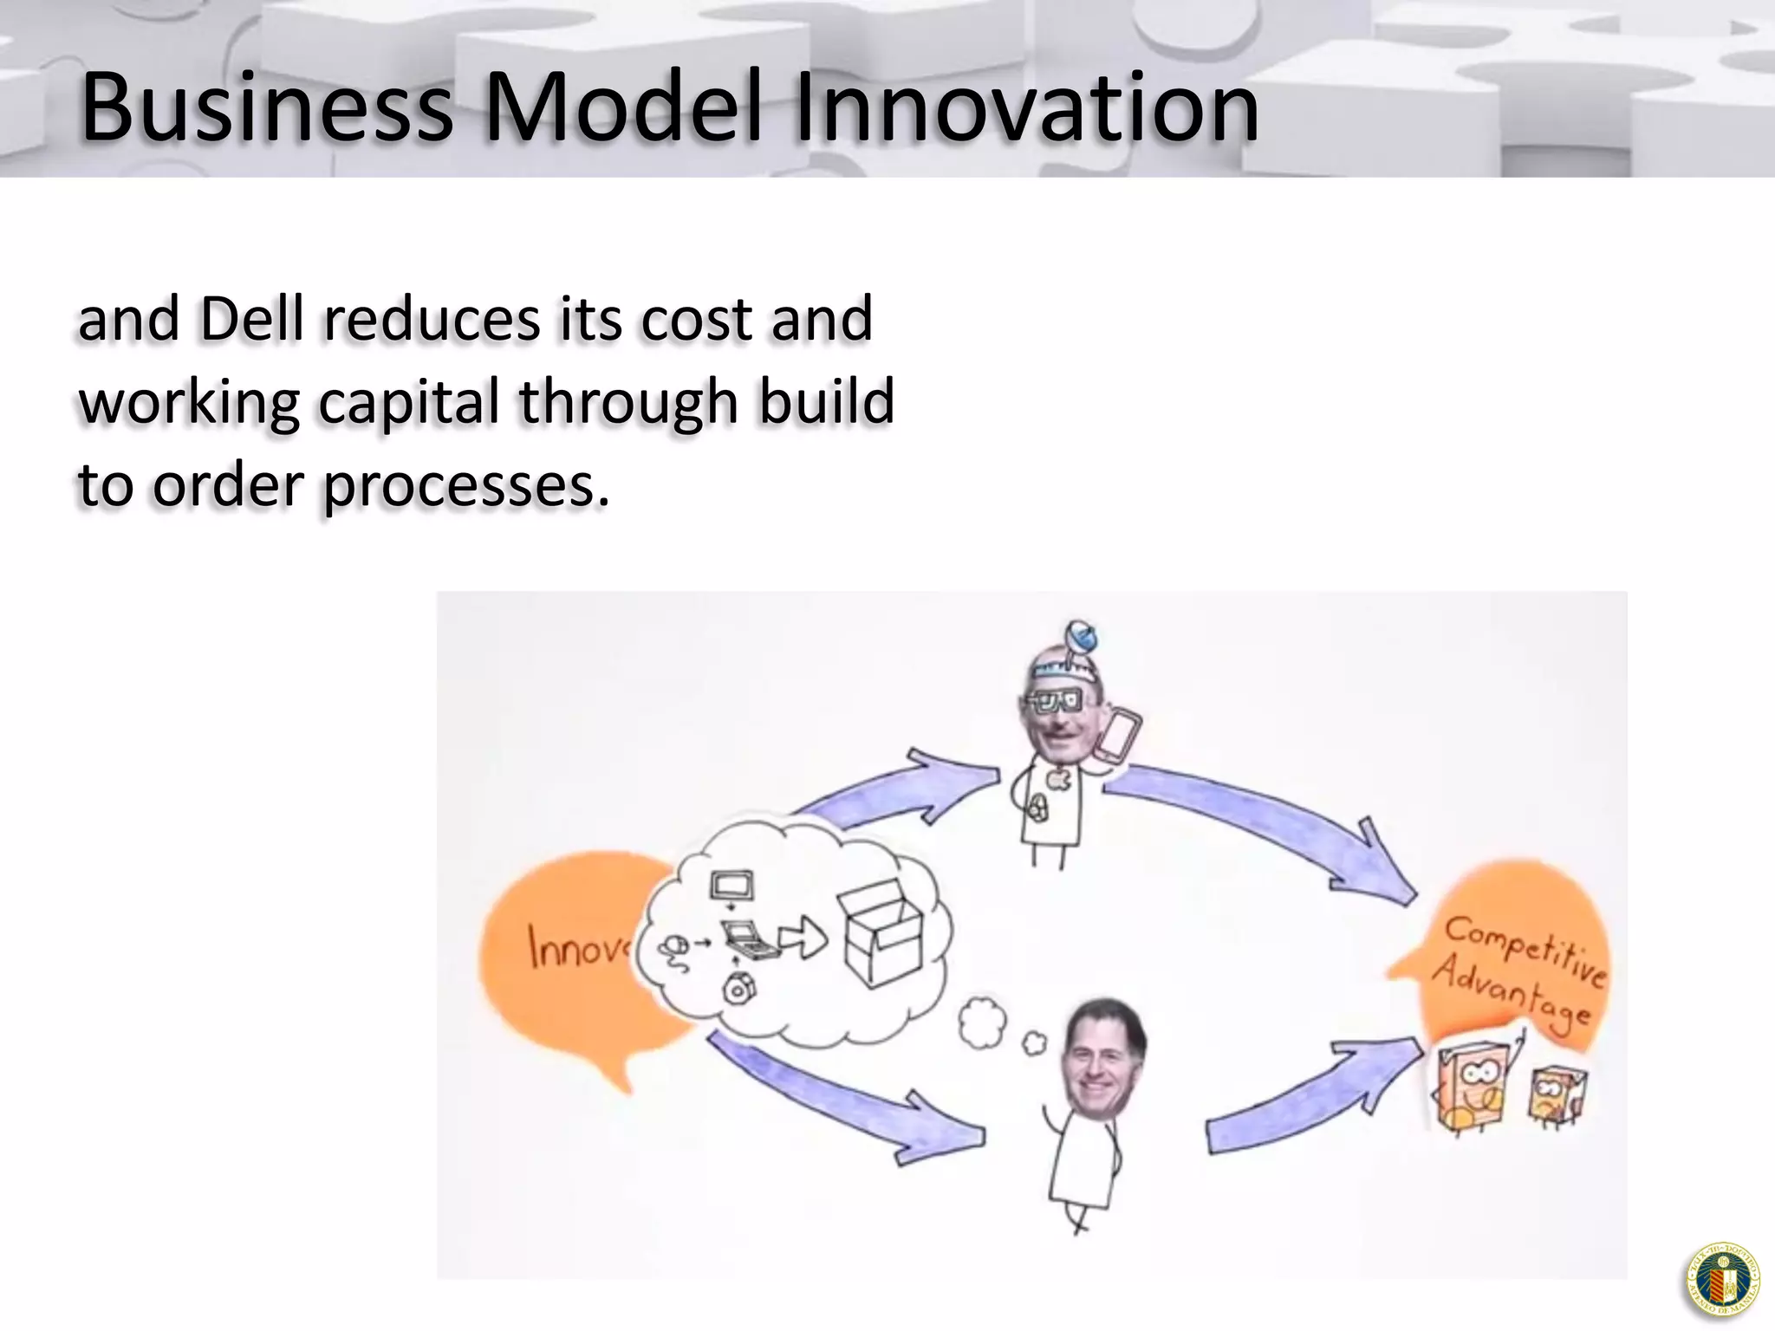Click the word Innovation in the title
[1027, 108]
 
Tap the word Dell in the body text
[252, 319]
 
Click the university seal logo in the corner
[1723, 1280]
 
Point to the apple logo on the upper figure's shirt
[1058, 779]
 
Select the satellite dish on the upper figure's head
[1081, 639]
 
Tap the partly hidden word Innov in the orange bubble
[576, 947]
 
